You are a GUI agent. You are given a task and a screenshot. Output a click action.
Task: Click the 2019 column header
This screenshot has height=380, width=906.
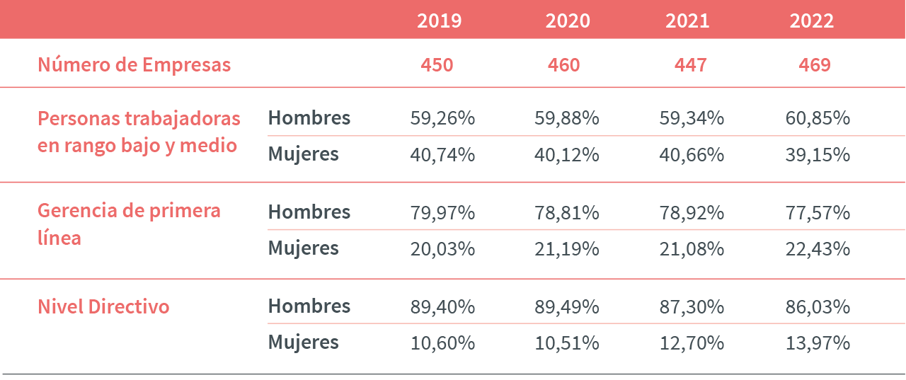click(x=439, y=21)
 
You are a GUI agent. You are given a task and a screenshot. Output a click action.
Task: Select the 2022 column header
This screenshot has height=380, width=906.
click(x=812, y=21)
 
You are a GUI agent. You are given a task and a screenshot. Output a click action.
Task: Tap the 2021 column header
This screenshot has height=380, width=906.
click(x=687, y=21)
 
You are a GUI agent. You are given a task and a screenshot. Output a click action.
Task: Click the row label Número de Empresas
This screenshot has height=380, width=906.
click(x=134, y=65)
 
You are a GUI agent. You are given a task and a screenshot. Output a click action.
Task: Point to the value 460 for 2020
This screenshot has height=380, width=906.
click(x=563, y=65)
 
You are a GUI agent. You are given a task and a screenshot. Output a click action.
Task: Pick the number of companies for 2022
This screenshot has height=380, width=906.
click(x=815, y=65)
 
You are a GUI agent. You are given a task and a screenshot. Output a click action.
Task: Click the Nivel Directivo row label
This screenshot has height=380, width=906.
click(x=103, y=307)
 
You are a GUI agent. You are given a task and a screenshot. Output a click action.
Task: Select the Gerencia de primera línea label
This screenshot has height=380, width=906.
click(x=129, y=224)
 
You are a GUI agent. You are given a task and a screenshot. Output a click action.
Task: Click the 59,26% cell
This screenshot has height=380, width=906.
click(x=442, y=118)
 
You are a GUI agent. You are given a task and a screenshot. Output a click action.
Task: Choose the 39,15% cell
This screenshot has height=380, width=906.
click(x=818, y=155)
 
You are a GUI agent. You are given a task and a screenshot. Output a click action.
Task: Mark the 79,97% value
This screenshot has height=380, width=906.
click(x=442, y=213)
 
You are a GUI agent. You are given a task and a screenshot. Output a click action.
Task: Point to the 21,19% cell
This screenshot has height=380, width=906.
click(x=566, y=249)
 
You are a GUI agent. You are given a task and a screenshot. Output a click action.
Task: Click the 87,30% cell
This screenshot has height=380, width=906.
click(x=691, y=307)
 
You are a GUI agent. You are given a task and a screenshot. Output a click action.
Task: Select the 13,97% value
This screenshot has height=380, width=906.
click(x=818, y=343)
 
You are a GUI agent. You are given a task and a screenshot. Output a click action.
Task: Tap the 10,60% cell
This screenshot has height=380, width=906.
click(x=442, y=343)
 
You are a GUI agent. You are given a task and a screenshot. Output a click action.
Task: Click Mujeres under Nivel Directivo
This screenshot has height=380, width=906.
click(x=303, y=343)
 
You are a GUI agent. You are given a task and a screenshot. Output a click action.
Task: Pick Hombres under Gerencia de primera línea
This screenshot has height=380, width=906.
click(x=309, y=212)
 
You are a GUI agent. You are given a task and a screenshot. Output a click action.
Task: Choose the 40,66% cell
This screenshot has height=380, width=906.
click(x=691, y=155)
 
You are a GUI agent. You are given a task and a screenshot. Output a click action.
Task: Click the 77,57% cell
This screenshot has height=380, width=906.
click(x=818, y=213)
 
